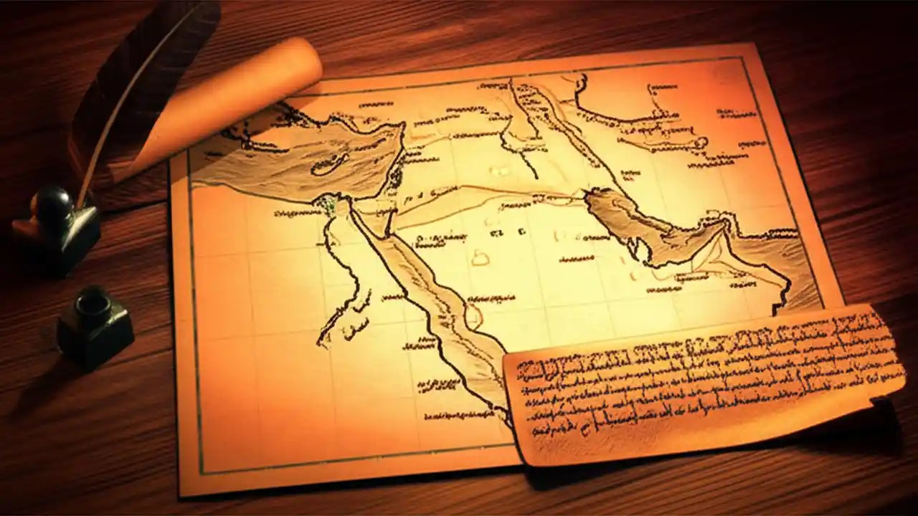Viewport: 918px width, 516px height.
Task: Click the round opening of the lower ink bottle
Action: click(x=93, y=300)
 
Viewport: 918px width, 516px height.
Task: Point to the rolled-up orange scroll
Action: click(x=237, y=100)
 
